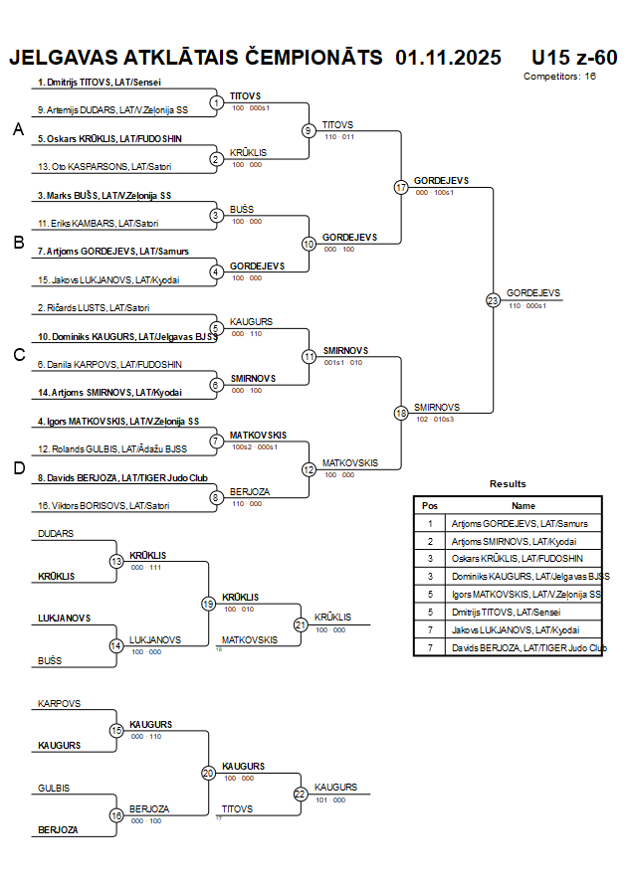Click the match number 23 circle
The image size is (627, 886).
(x=493, y=299)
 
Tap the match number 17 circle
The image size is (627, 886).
(x=401, y=187)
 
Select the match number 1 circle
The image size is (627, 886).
(x=216, y=102)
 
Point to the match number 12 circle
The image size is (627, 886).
(x=309, y=469)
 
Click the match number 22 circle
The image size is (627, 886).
(x=301, y=793)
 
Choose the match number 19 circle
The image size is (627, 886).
(x=208, y=603)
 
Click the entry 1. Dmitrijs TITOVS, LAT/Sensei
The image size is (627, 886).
(x=100, y=83)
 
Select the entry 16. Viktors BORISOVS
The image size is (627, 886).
(x=104, y=506)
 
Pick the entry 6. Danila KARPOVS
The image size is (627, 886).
(x=109, y=365)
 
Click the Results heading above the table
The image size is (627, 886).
(x=508, y=484)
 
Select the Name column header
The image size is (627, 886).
(x=523, y=506)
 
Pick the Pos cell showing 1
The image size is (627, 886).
(x=430, y=523)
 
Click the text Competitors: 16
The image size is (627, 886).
(x=559, y=77)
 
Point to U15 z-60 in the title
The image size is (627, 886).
(x=574, y=57)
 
